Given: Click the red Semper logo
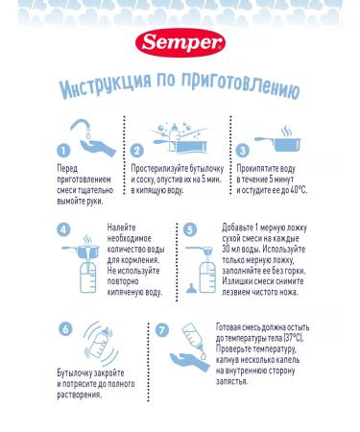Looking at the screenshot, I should [180, 45].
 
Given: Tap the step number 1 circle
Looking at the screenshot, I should [62, 151].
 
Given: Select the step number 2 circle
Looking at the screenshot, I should [136, 151].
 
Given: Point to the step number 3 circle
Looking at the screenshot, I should [242, 150].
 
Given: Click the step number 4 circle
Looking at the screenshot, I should [63, 230].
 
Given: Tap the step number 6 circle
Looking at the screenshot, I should [65, 329].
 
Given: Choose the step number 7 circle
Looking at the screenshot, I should [161, 329].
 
